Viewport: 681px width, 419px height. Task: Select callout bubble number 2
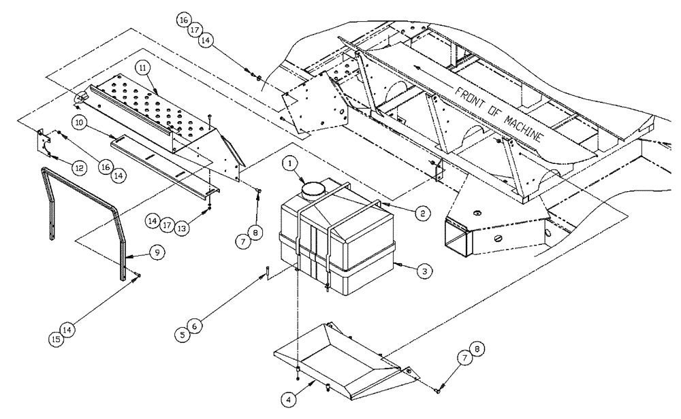point(422,213)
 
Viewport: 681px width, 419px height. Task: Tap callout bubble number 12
point(80,167)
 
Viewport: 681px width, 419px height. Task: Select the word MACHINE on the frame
point(516,122)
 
